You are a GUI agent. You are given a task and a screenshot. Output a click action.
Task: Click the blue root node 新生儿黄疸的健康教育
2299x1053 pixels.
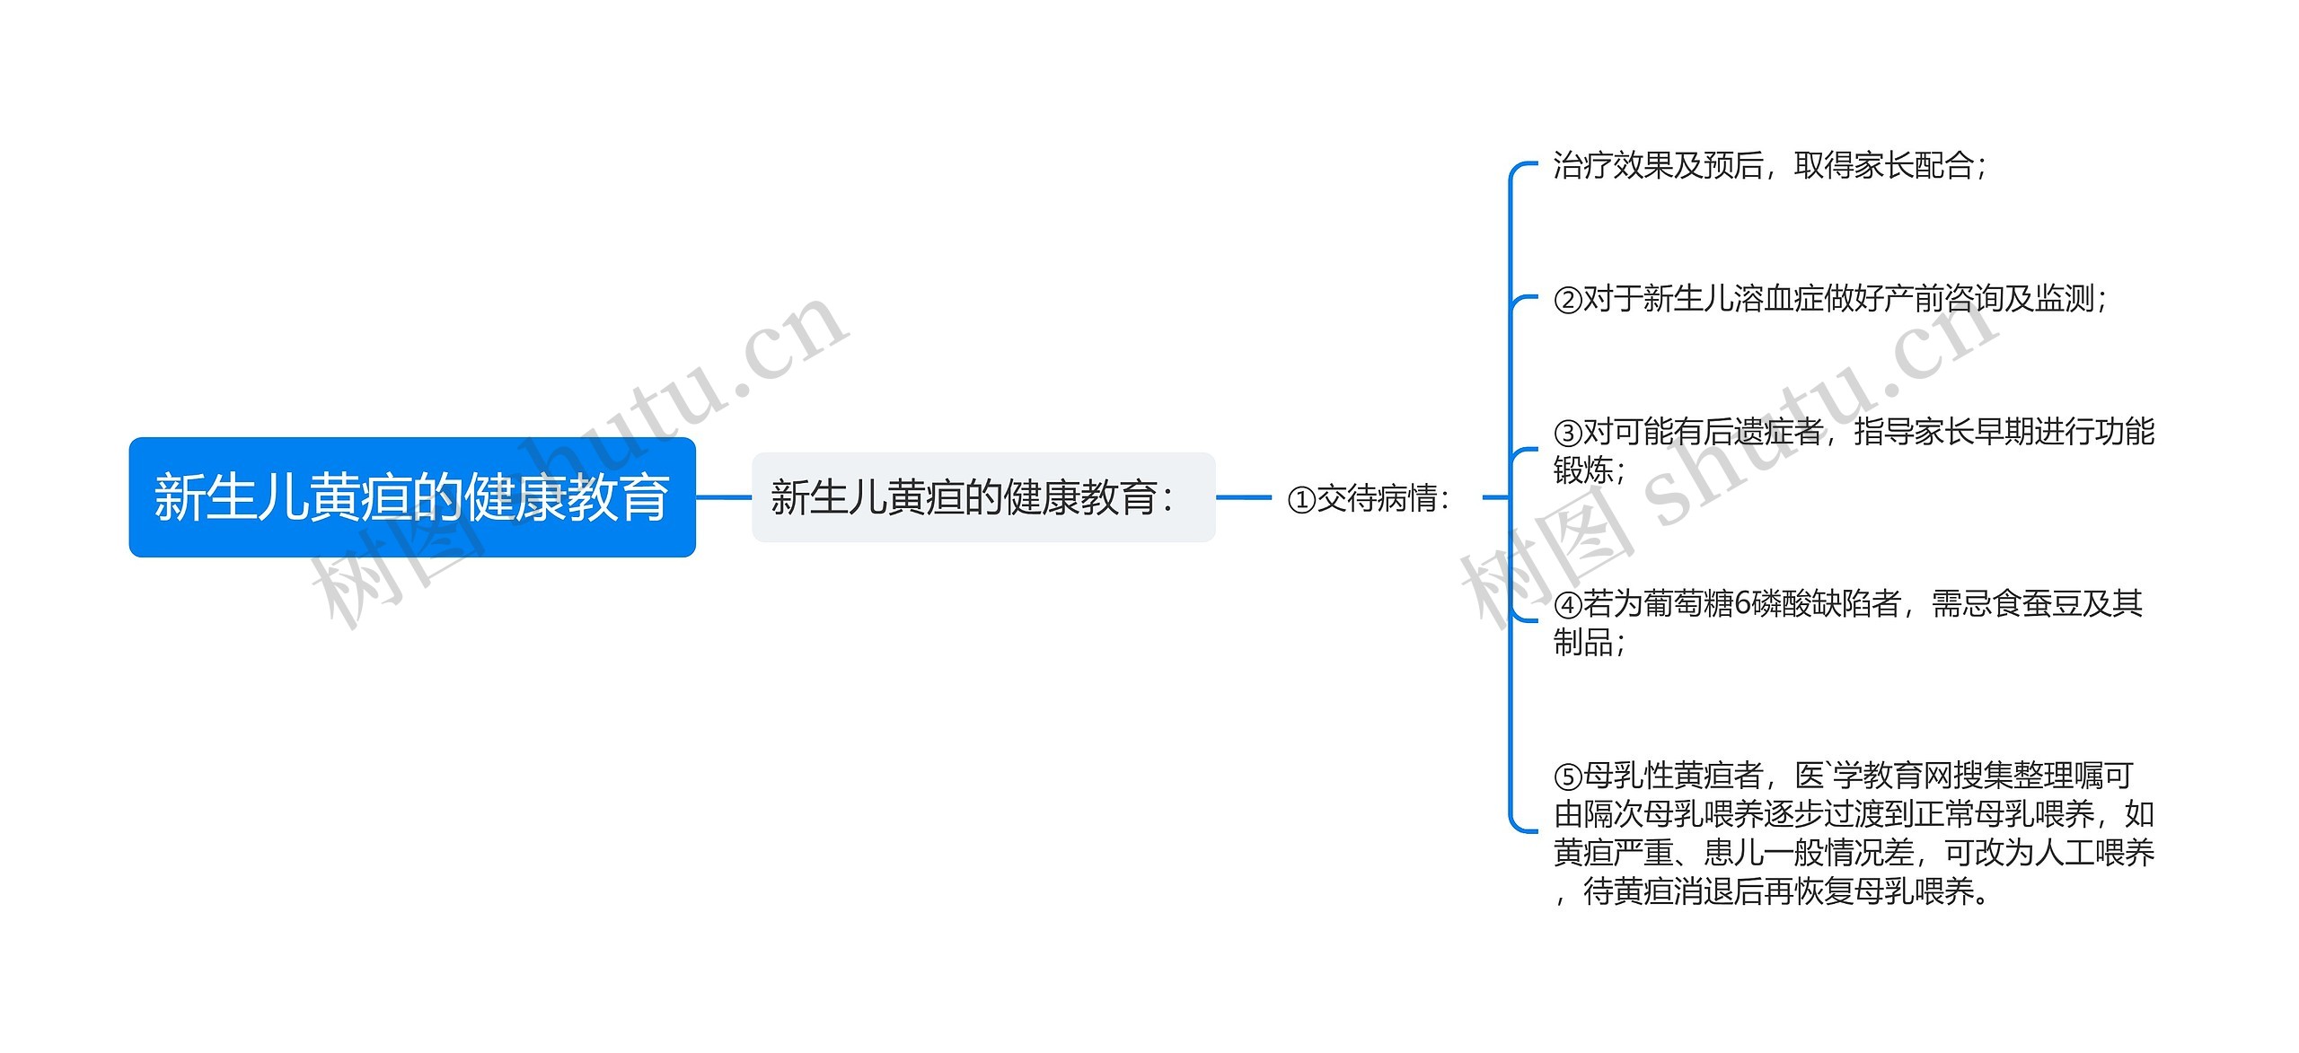coord(412,497)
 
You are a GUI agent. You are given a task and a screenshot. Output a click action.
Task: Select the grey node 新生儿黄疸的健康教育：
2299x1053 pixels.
coord(982,497)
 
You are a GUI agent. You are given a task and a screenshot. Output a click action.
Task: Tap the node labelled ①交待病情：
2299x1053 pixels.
coord(1368,498)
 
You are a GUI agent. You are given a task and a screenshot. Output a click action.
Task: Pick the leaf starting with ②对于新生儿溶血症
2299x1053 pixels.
coord(1830,299)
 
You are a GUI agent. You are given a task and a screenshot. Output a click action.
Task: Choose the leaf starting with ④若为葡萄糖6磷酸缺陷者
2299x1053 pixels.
coord(1848,622)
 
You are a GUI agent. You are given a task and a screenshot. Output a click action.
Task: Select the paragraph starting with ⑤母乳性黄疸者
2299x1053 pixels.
coord(1854,833)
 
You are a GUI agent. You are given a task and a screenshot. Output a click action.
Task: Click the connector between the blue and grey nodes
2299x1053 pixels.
coord(724,497)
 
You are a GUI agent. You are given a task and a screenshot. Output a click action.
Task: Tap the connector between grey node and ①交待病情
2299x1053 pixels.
coord(1244,497)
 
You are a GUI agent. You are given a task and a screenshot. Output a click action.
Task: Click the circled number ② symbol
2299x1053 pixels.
coord(1568,300)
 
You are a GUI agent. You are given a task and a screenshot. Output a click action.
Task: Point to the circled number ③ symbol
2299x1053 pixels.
coord(1568,434)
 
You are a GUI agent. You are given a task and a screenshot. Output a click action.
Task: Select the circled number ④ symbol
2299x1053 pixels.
coord(1568,605)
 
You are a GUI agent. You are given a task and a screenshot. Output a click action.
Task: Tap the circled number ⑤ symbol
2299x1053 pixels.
coord(1568,776)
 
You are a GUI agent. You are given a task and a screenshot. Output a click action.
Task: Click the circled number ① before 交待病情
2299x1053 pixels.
coord(1301,500)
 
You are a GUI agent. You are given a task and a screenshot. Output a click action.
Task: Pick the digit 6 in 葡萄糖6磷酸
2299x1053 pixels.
coord(1742,604)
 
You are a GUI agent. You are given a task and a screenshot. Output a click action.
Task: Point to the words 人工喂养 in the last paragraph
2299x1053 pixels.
coord(2094,853)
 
